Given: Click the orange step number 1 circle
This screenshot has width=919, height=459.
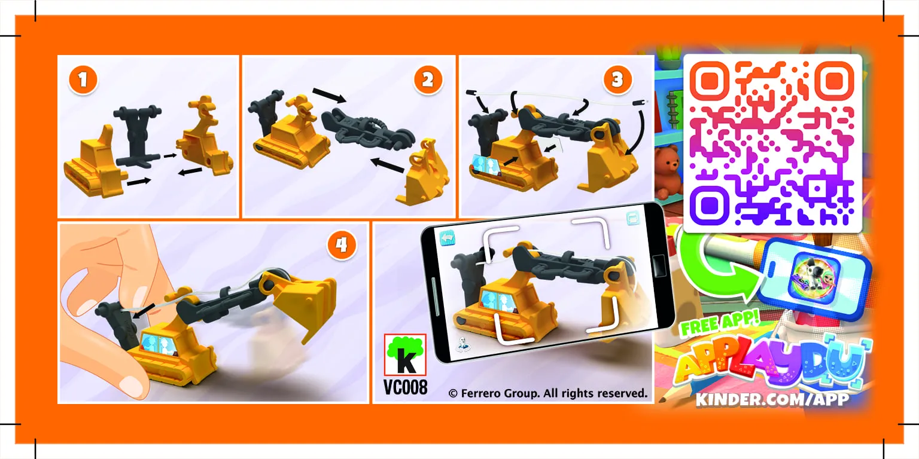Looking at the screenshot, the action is point(83,79).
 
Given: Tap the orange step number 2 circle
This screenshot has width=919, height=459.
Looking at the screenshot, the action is point(428,79).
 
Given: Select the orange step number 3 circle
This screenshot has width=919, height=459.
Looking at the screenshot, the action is point(617,79).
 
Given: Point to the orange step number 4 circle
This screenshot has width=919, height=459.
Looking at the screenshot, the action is point(342,244).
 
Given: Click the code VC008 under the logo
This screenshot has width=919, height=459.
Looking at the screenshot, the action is point(405,387).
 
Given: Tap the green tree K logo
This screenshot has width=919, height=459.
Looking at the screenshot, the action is point(405,355).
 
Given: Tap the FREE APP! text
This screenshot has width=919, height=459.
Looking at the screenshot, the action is point(720,323).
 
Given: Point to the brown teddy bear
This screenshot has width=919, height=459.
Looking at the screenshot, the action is point(668,170).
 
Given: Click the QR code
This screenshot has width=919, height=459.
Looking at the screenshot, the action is point(772,143).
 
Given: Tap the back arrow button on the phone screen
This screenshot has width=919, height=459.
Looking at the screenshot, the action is point(447,238).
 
